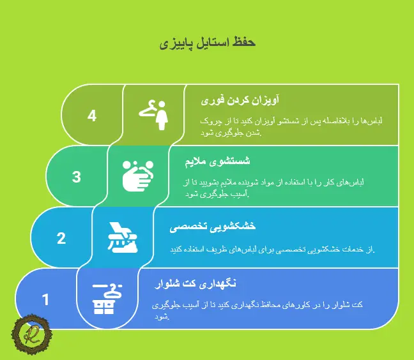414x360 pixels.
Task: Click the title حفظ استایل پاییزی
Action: pos(207,43)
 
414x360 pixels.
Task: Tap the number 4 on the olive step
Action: pos(92,116)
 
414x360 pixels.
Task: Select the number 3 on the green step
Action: pos(77,177)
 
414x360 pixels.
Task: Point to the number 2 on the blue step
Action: pos(61,238)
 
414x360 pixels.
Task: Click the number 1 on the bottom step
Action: pos(45,299)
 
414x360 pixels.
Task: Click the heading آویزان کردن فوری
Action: pos(240,101)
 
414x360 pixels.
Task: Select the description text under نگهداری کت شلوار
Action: pos(258,310)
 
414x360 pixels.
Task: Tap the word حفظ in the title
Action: pos(244,43)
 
